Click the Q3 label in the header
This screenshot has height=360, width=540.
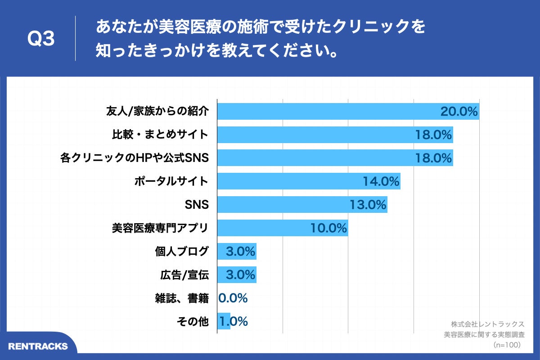41,39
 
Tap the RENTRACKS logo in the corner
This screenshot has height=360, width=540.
38,346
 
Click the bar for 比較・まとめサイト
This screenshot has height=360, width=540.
315,135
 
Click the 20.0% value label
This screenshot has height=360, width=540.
459,112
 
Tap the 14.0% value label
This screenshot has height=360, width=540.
381,182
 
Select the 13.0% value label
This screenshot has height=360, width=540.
368,205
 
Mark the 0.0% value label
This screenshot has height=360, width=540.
233,298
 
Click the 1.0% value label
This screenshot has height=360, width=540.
234,321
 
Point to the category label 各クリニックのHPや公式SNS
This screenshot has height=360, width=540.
135,158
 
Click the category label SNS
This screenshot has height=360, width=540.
197,205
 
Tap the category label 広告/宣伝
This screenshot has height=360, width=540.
184,274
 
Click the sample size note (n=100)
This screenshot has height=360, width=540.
507,345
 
